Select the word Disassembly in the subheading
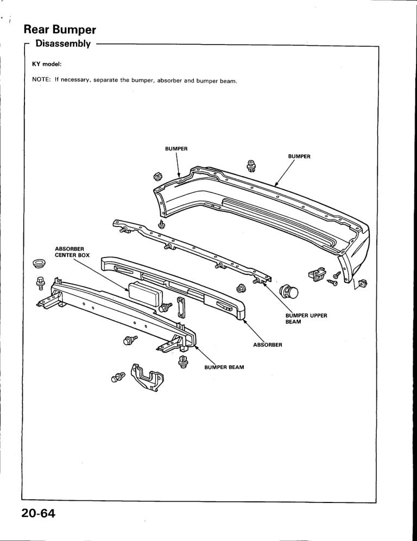point(62,43)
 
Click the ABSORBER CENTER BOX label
point(72,251)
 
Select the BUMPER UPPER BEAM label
point(306,319)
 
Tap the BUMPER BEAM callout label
point(224,367)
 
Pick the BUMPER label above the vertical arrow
point(176,148)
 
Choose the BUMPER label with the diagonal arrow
point(299,156)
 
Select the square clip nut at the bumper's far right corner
point(363,282)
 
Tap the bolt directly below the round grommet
point(40,281)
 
